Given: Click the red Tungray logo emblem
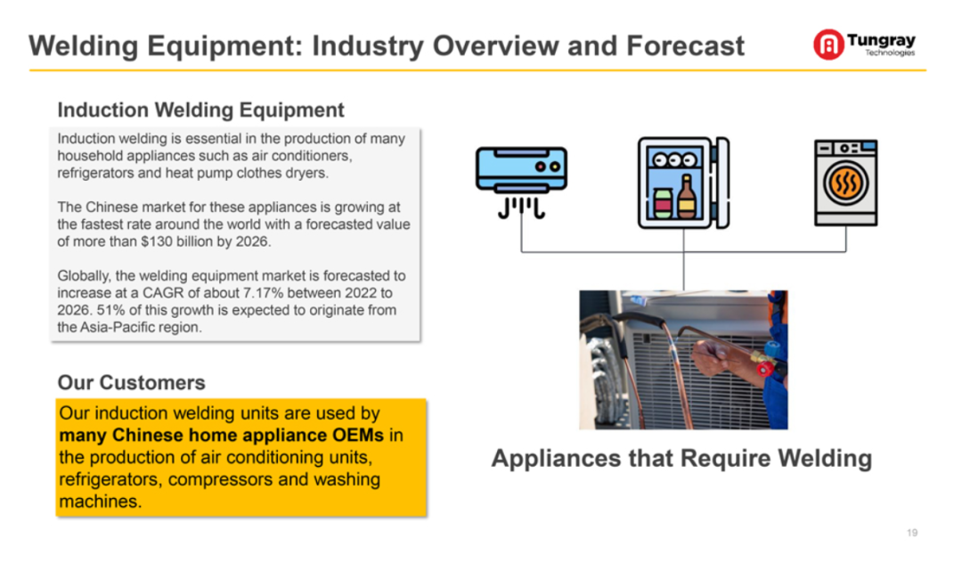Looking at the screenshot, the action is (x=828, y=45).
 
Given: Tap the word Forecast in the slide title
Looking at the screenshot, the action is (x=685, y=46).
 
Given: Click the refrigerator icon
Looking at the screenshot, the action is (x=683, y=183).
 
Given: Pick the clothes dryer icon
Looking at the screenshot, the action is (x=845, y=183).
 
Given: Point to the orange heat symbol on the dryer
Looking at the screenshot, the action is (x=845, y=183).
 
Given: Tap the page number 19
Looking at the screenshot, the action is (x=912, y=533).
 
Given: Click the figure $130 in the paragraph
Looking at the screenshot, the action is (x=157, y=241).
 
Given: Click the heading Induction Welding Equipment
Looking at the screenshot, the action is (x=200, y=110).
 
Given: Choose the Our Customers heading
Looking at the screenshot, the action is (x=131, y=383).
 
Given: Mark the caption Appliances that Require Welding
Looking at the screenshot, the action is (x=681, y=459).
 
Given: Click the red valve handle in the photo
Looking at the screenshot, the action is (x=765, y=368).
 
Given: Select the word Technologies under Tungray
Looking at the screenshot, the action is (x=890, y=53).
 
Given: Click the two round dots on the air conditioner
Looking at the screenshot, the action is (x=547, y=167).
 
